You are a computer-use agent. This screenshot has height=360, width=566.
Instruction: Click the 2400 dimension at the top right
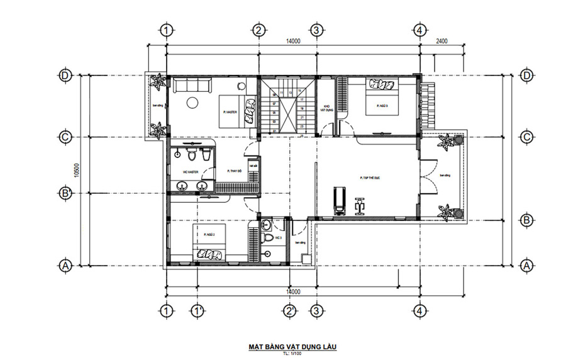pyautogui.click(x=442, y=42)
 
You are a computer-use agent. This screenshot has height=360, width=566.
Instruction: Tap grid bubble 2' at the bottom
pyautogui.click(x=290, y=310)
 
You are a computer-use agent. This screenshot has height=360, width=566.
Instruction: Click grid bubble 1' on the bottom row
pyautogui.click(x=197, y=310)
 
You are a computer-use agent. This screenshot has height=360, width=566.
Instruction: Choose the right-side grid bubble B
pyautogui.click(x=527, y=220)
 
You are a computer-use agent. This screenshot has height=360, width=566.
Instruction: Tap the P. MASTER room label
pyautogui.click(x=230, y=111)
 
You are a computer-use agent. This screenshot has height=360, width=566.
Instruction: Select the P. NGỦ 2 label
pyautogui.click(x=209, y=234)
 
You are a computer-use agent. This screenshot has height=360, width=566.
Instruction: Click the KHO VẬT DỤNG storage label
pyautogui.click(x=326, y=108)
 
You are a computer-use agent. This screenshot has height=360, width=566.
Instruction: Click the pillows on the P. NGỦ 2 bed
pyautogui.click(x=209, y=255)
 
